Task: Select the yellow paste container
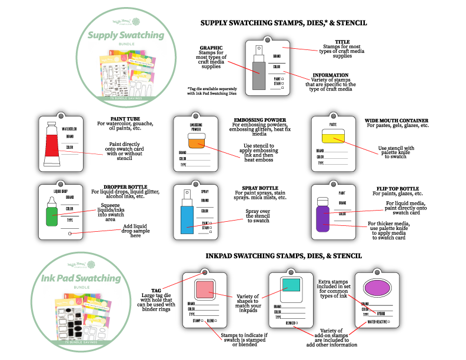tap(332, 135)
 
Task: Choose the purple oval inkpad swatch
tap(378, 288)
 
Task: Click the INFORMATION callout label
tap(330, 75)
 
